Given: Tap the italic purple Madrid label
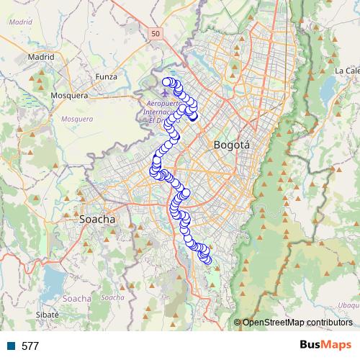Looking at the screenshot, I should click(x=21, y=22).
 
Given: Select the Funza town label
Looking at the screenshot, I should click(x=106, y=76).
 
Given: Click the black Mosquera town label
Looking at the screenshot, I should click(x=69, y=94).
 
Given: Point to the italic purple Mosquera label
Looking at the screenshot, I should click(x=78, y=119).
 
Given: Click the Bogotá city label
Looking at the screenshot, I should click(x=232, y=145).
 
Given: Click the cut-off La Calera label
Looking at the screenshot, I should click(x=346, y=71).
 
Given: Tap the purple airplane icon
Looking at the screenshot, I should click(x=167, y=92).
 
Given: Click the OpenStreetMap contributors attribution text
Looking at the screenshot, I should click(x=297, y=323).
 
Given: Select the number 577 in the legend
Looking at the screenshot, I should click(x=30, y=346).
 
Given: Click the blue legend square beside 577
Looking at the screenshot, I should click(x=12, y=346).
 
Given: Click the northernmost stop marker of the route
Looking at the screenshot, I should click(x=168, y=81).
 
